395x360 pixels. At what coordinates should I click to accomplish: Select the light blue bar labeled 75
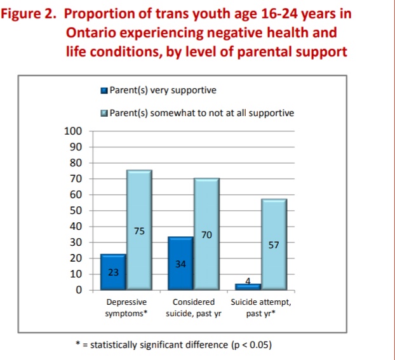tap(139, 230)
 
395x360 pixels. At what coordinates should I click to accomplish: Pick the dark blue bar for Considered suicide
tap(180, 263)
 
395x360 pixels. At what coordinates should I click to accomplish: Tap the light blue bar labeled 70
tap(206, 234)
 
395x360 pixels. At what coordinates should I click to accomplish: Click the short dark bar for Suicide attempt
tap(248, 287)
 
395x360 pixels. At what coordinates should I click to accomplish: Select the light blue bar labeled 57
tap(274, 244)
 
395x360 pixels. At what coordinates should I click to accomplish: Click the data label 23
tap(112, 272)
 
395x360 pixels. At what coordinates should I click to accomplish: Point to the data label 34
tap(180, 263)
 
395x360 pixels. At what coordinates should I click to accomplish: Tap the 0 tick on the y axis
tap(79, 290)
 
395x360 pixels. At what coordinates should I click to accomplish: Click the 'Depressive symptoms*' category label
tap(126, 308)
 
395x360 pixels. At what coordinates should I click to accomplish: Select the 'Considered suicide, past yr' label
tap(193, 308)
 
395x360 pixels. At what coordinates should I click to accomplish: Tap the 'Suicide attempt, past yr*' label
tap(260, 308)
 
